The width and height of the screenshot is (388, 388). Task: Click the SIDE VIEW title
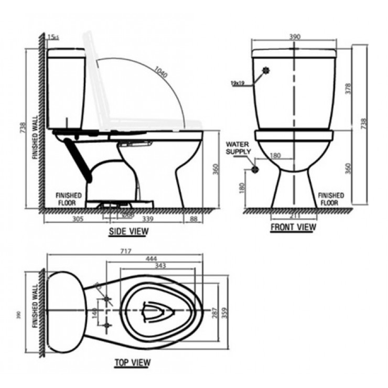pos(128,231)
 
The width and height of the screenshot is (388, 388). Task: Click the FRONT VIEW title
pos(293,227)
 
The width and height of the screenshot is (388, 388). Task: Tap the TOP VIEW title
pos(132,362)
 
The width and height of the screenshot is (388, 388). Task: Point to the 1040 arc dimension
pos(160,72)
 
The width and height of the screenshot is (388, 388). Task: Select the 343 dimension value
pos(161,266)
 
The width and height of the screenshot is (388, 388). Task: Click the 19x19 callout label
pos(238,82)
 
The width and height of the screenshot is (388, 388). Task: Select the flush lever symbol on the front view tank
pos(267,70)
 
